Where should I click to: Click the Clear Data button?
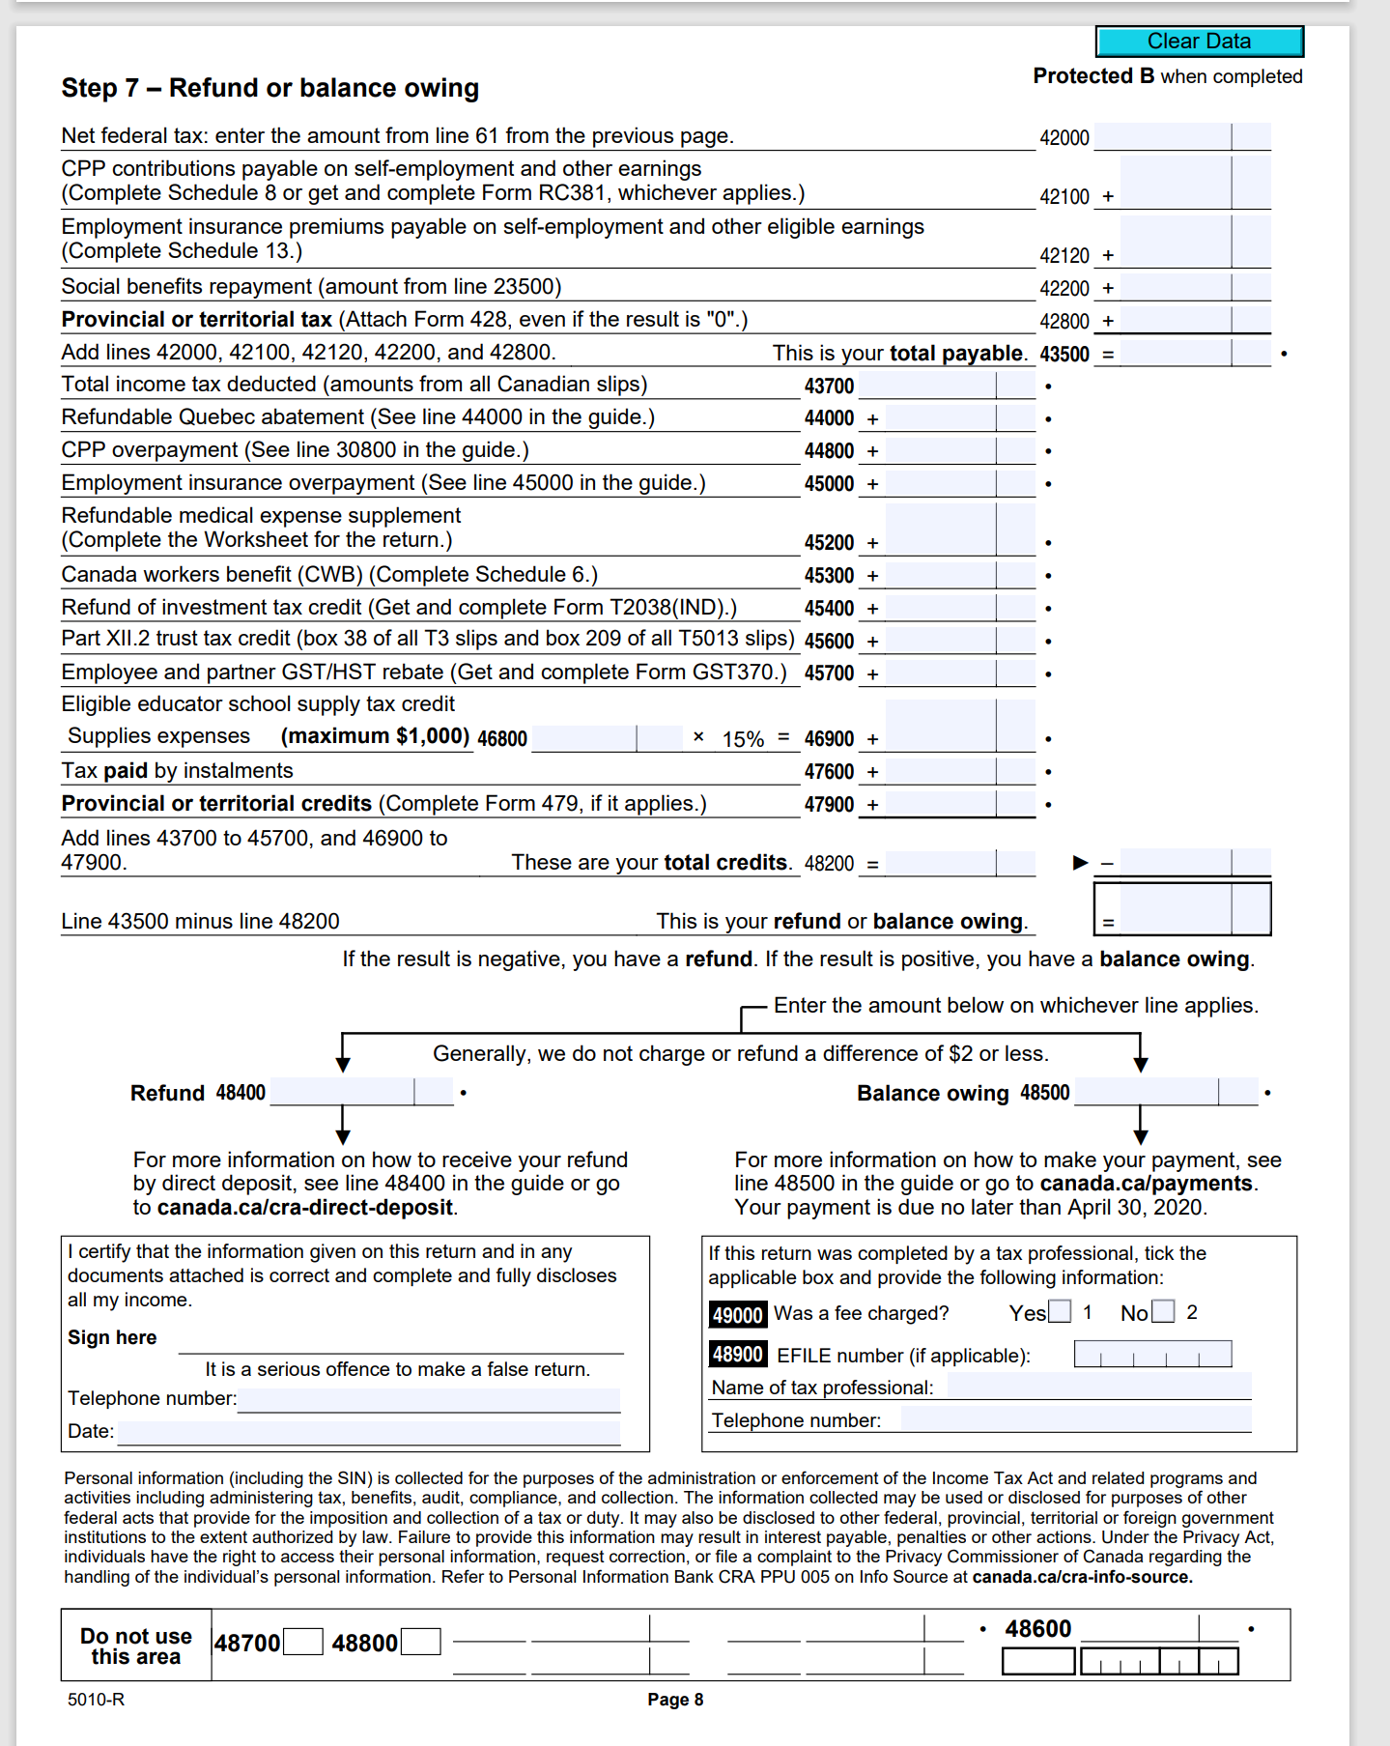(1199, 42)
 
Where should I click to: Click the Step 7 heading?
(269, 88)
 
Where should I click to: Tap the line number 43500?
(1064, 354)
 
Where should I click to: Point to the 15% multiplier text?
(742, 739)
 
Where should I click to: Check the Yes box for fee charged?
(1060, 1312)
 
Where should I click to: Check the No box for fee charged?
(1163, 1312)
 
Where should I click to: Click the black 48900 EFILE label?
(738, 1355)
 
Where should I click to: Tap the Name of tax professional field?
(1098, 1387)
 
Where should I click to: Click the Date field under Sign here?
(368, 1432)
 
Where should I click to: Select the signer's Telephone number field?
(428, 1399)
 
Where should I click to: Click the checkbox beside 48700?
(303, 1642)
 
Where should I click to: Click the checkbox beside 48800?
(420, 1642)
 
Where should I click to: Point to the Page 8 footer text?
(675, 1700)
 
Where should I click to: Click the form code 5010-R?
(96, 1700)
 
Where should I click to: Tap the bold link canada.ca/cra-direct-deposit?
(304, 1208)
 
